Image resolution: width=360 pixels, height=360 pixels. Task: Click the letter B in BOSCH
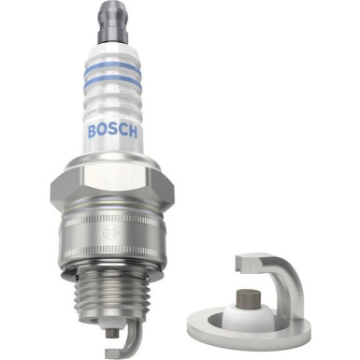tap(92, 131)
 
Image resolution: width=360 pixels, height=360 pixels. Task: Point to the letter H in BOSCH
tap(133, 131)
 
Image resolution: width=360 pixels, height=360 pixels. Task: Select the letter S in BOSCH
tap(112, 131)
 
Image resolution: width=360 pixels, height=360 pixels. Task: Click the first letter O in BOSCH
tap(102, 131)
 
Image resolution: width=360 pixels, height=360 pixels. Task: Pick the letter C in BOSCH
tap(122, 131)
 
